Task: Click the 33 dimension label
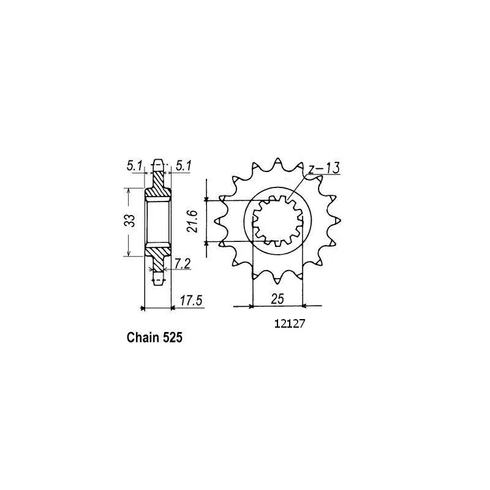(x=132, y=221)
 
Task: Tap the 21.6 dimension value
(x=192, y=221)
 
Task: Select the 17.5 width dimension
(x=191, y=300)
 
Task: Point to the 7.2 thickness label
(x=182, y=264)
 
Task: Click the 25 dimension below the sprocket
(x=277, y=299)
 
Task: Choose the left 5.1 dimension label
(x=134, y=166)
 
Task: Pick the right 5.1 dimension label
(x=183, y=166)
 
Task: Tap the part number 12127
(x=289, y=324)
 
